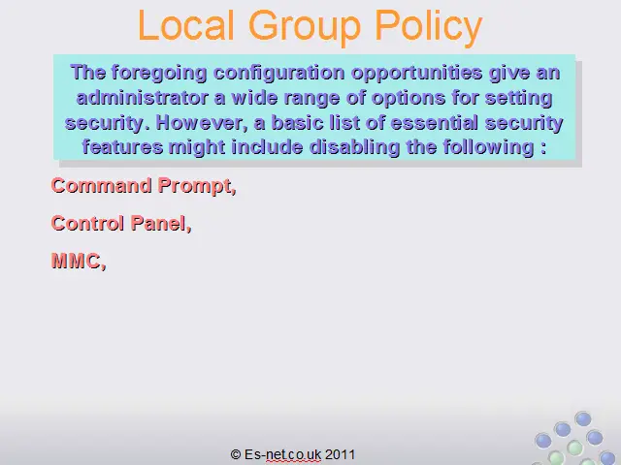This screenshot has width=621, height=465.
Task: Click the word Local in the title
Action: tap(186, 25)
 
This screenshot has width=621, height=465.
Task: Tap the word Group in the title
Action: tap(305, 28)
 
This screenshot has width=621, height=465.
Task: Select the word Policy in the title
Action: tap(429, 28)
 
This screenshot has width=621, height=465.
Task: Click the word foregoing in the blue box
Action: tap(159, 74)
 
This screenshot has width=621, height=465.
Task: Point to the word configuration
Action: tap(279, 74)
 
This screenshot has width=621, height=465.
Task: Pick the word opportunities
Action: tap(417, 74)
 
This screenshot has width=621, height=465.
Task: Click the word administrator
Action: tap(143, 98)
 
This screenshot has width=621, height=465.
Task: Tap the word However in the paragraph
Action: tap(202, 123)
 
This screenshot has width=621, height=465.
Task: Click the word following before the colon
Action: tap(488, 148)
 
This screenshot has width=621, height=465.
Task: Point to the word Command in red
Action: tap(101, 185)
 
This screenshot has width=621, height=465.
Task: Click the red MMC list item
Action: tap(79, 262)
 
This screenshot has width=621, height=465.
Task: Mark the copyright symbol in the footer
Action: tap(236, 454)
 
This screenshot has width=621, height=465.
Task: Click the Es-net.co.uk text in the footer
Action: tap(282, 454)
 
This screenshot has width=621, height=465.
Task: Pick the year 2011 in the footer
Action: tap(340, 454)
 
